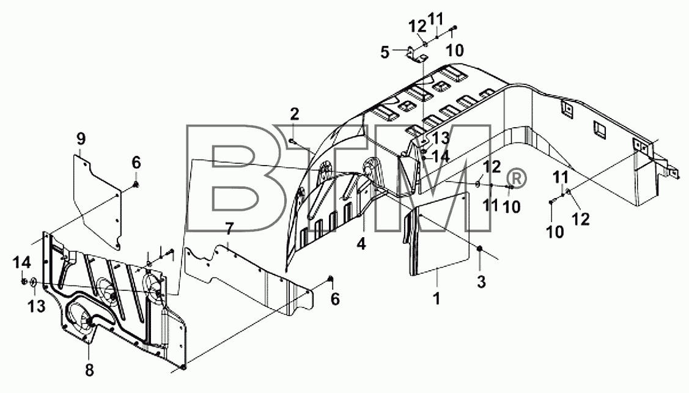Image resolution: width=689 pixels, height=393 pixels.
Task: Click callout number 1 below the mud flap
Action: (437, 299)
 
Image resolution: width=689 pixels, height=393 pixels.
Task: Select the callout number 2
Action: (295, 114)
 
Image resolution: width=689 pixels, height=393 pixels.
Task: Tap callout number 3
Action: (482, 282)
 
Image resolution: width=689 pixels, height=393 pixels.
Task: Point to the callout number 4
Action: (361, 243)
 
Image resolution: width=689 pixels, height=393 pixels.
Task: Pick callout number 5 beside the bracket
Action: (385, 53)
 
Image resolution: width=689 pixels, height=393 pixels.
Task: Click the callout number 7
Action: (229, 229)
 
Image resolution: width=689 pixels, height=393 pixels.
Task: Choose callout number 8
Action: (90, 370)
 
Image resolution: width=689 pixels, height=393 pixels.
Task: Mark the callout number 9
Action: (81, 139)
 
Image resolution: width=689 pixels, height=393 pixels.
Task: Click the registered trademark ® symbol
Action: (517, 178)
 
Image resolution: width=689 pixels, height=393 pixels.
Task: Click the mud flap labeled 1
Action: (437, 235)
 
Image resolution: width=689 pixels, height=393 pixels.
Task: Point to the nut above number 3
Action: (480, 249)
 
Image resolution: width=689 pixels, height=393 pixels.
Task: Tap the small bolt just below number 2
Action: (292, 141)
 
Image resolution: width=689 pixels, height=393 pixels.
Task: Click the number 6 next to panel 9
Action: (136, 163)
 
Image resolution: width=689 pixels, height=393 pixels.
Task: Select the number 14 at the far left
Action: (21, 263)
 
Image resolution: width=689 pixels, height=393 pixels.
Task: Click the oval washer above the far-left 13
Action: (34, 282)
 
